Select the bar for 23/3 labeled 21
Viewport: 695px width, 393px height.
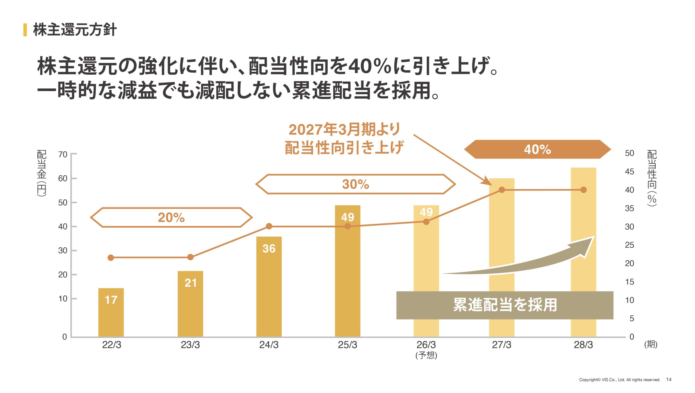tap(190, 304)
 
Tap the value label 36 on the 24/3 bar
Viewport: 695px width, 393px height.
tap(269, 248)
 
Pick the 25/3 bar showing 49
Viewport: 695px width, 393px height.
tap(347, 271)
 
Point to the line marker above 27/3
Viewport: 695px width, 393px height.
tap(502, 190)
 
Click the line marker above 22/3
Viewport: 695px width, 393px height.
tap(111, 258)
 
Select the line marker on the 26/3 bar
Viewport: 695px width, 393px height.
tap(426, 222)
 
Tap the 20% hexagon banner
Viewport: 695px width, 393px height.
tap(171, 217)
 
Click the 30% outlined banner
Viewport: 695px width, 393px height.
tap(355, 184)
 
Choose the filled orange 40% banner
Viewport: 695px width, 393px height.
tap(537, 149)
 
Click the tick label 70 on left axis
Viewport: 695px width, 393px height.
tap(63, 154)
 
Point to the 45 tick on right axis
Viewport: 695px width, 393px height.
tap(629, 171)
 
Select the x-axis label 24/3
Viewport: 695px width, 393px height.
tap(269, 345)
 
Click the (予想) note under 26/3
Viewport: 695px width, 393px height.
tap(426, 355)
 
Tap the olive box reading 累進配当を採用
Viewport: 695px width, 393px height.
tap(505, 305)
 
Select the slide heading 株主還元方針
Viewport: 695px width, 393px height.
tap(75, 30)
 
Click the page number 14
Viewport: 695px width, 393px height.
tap(669, 379)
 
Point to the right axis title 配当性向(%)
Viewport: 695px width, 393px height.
tap(652, 178)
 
